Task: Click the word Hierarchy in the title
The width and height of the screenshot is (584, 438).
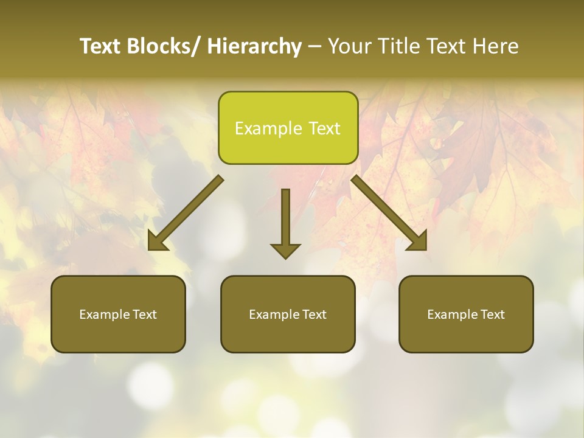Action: coord(254,46)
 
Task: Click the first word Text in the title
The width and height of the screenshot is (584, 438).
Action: coord(100,46)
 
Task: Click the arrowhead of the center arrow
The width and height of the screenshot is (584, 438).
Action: coord(285,251)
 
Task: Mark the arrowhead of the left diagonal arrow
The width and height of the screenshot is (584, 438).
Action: coord(157,242)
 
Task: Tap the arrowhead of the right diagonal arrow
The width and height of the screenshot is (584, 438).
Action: coord(417,242)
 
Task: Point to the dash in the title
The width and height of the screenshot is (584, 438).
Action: coord(315,47)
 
